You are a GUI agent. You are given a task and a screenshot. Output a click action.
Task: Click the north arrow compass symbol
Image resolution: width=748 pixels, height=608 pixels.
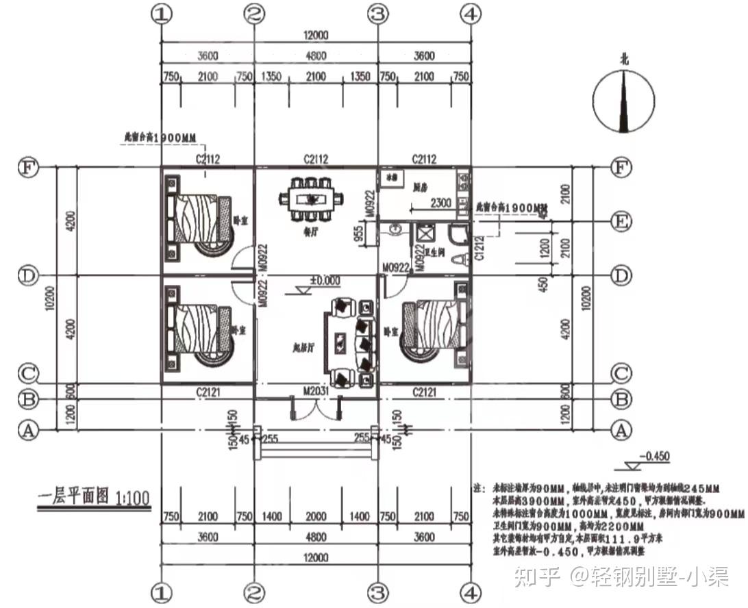(623, 102)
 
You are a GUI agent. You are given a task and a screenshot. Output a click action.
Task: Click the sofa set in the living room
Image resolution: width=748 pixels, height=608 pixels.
(350, 342)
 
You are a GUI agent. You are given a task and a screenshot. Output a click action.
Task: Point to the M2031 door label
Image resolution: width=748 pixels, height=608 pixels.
(316, 390)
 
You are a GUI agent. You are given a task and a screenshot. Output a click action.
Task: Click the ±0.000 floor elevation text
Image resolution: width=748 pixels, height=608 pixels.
(325, 281)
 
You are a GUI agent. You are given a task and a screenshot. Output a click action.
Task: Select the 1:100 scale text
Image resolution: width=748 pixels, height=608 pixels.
(133, 497)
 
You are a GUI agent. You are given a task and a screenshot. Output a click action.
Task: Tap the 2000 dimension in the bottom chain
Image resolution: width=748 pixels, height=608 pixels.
(316, 516)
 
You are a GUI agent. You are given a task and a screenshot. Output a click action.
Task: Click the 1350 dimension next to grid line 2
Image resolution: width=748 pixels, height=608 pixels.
(271, 76)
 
